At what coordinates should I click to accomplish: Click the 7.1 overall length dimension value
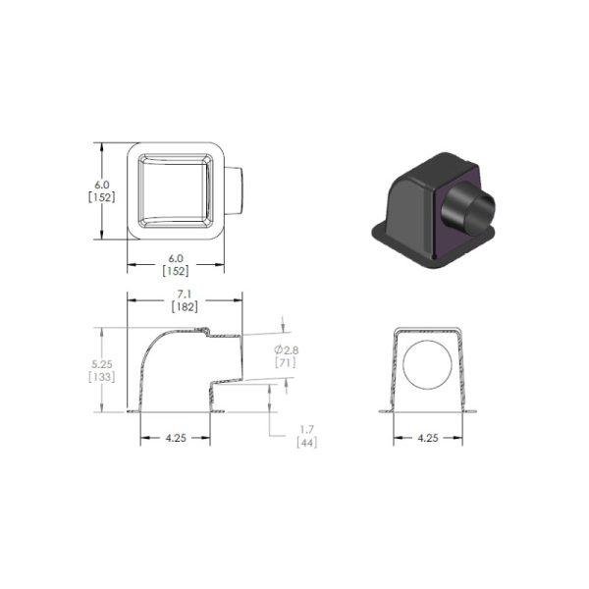tap(185, 294)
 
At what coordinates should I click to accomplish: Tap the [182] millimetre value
tap(185, 307)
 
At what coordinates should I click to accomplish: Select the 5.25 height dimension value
tap(102, 364)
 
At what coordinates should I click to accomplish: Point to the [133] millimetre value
tap(102, 376)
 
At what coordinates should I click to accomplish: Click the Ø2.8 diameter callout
tap(287, 350)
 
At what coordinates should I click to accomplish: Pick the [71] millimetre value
tap(286, 362)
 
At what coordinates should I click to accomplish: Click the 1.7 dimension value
tap(307, 429)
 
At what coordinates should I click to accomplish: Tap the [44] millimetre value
tap(307, 442)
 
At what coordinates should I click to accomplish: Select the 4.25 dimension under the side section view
tap(176, 438)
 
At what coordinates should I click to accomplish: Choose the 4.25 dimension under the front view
tap(428, 438)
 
